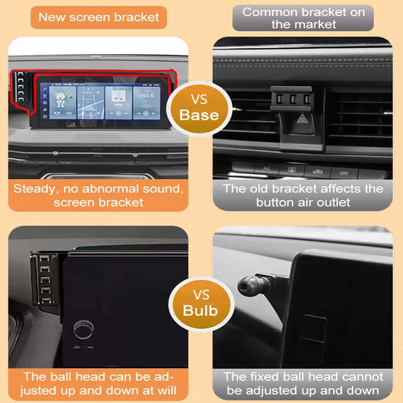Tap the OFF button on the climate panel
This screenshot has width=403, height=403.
[344, 173]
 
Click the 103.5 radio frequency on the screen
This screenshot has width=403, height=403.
[147, 95]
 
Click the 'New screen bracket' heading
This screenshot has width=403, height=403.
[99, 17]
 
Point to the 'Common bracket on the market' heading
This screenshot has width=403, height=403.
[303, 18]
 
